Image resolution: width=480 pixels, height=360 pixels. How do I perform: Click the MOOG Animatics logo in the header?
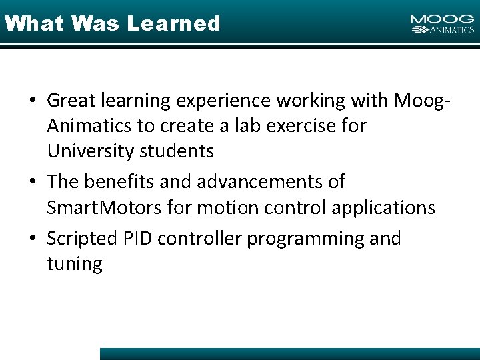pos(442,24)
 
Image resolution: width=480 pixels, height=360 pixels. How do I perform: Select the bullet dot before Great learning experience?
pos(33,100)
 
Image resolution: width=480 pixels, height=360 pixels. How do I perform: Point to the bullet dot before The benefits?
pos(33,181)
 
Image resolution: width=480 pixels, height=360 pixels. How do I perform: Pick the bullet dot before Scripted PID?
pos(33,239)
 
